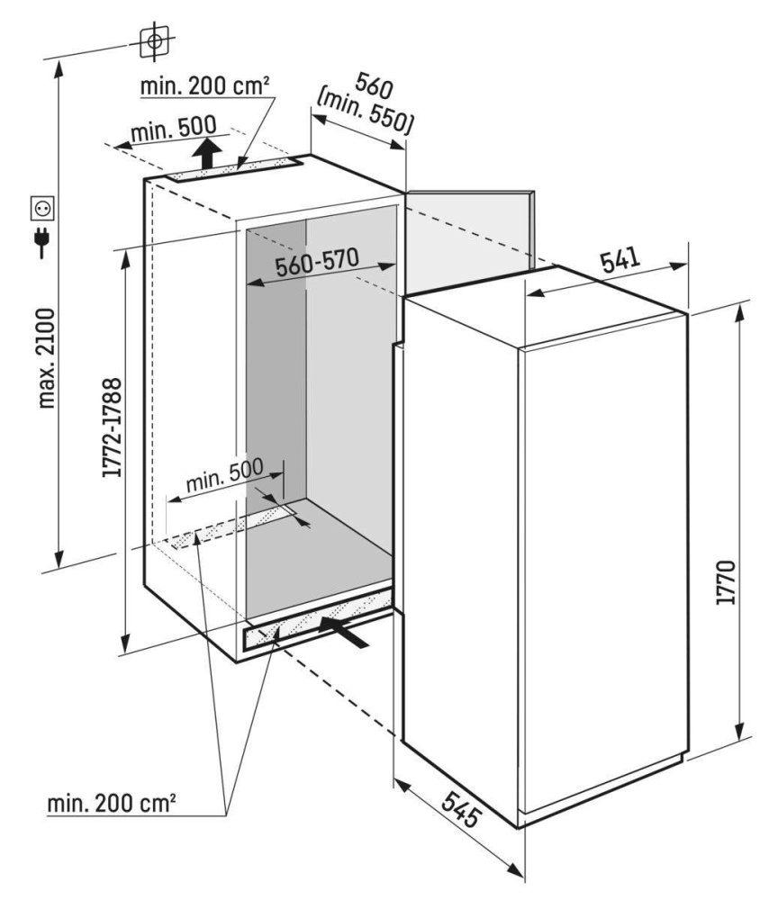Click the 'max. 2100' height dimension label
click(x=47, y=358)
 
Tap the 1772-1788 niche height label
click(x=112, y=427)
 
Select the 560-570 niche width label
click(x=316, y=263)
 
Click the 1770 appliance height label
click(x=726, y=582)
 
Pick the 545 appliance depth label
click(x=462, y=809)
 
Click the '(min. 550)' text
click(x=364, y=113)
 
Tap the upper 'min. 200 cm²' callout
click(x=204, y=86)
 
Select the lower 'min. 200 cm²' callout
click(x=112, y=803)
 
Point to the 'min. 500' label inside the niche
click(x=224, y=474)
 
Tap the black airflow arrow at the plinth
click(x=344, y=632)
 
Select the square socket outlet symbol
click(x=43, y=209)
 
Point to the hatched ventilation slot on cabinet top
click(x=234, y=169)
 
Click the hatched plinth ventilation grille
click(x=318, y=620)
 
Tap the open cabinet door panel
click(x=470, y=241)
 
